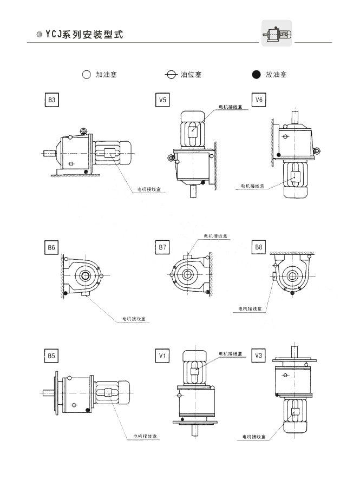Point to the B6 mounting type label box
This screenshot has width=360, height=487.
click(x=52, y=248)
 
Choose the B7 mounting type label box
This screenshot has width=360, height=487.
click(x=162, y=248)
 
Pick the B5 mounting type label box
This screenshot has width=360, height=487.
click(x=52, y=356)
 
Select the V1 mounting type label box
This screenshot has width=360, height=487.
click(x=162, y=356)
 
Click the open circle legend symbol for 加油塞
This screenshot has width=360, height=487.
click(x=86, y=75)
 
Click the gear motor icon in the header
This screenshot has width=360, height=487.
click(x=277, y=34)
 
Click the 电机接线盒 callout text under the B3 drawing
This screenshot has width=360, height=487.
click(x=148, y=190)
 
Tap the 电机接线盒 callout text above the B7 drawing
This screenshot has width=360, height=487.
click(x=215, y=236)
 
